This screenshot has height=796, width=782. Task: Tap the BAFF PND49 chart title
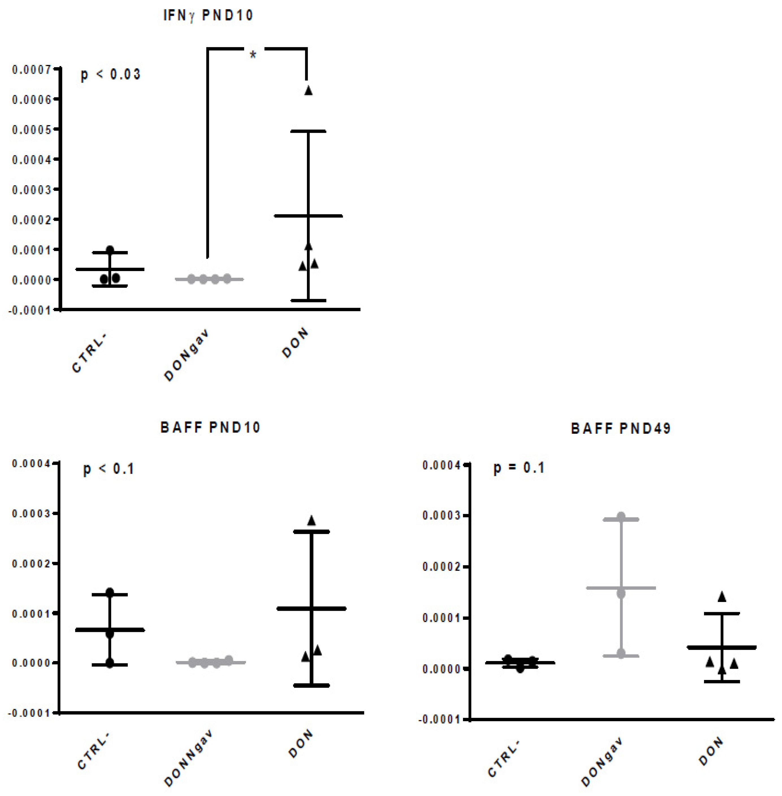point(621,429)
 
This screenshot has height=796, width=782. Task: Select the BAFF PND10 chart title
point(210,428)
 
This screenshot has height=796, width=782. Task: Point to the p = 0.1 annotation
point(519,468)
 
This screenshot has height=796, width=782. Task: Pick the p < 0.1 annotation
point(109,469)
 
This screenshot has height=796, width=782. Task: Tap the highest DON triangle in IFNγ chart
point(308,91)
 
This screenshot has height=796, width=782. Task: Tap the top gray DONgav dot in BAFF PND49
point(621,516)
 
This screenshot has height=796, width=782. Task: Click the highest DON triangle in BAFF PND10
point(311,521)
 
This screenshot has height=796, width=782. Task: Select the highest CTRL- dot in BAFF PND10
point(110,592)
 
